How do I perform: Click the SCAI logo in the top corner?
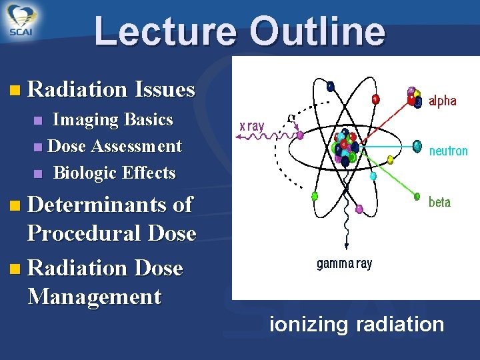(22, 21)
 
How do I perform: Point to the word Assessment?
(136, 146)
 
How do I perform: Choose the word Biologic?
(82, 173)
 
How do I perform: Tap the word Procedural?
(83, 233)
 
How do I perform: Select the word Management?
(94, 296)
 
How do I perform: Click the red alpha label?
(443, 101)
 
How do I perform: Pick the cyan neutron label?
(448, 151)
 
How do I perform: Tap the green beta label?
(439, 202)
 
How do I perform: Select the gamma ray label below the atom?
(344, 264)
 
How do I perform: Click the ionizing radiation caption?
(356, 325)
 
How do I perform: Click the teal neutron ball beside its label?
(417, 145)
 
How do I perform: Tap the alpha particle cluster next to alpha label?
(415, 97)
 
